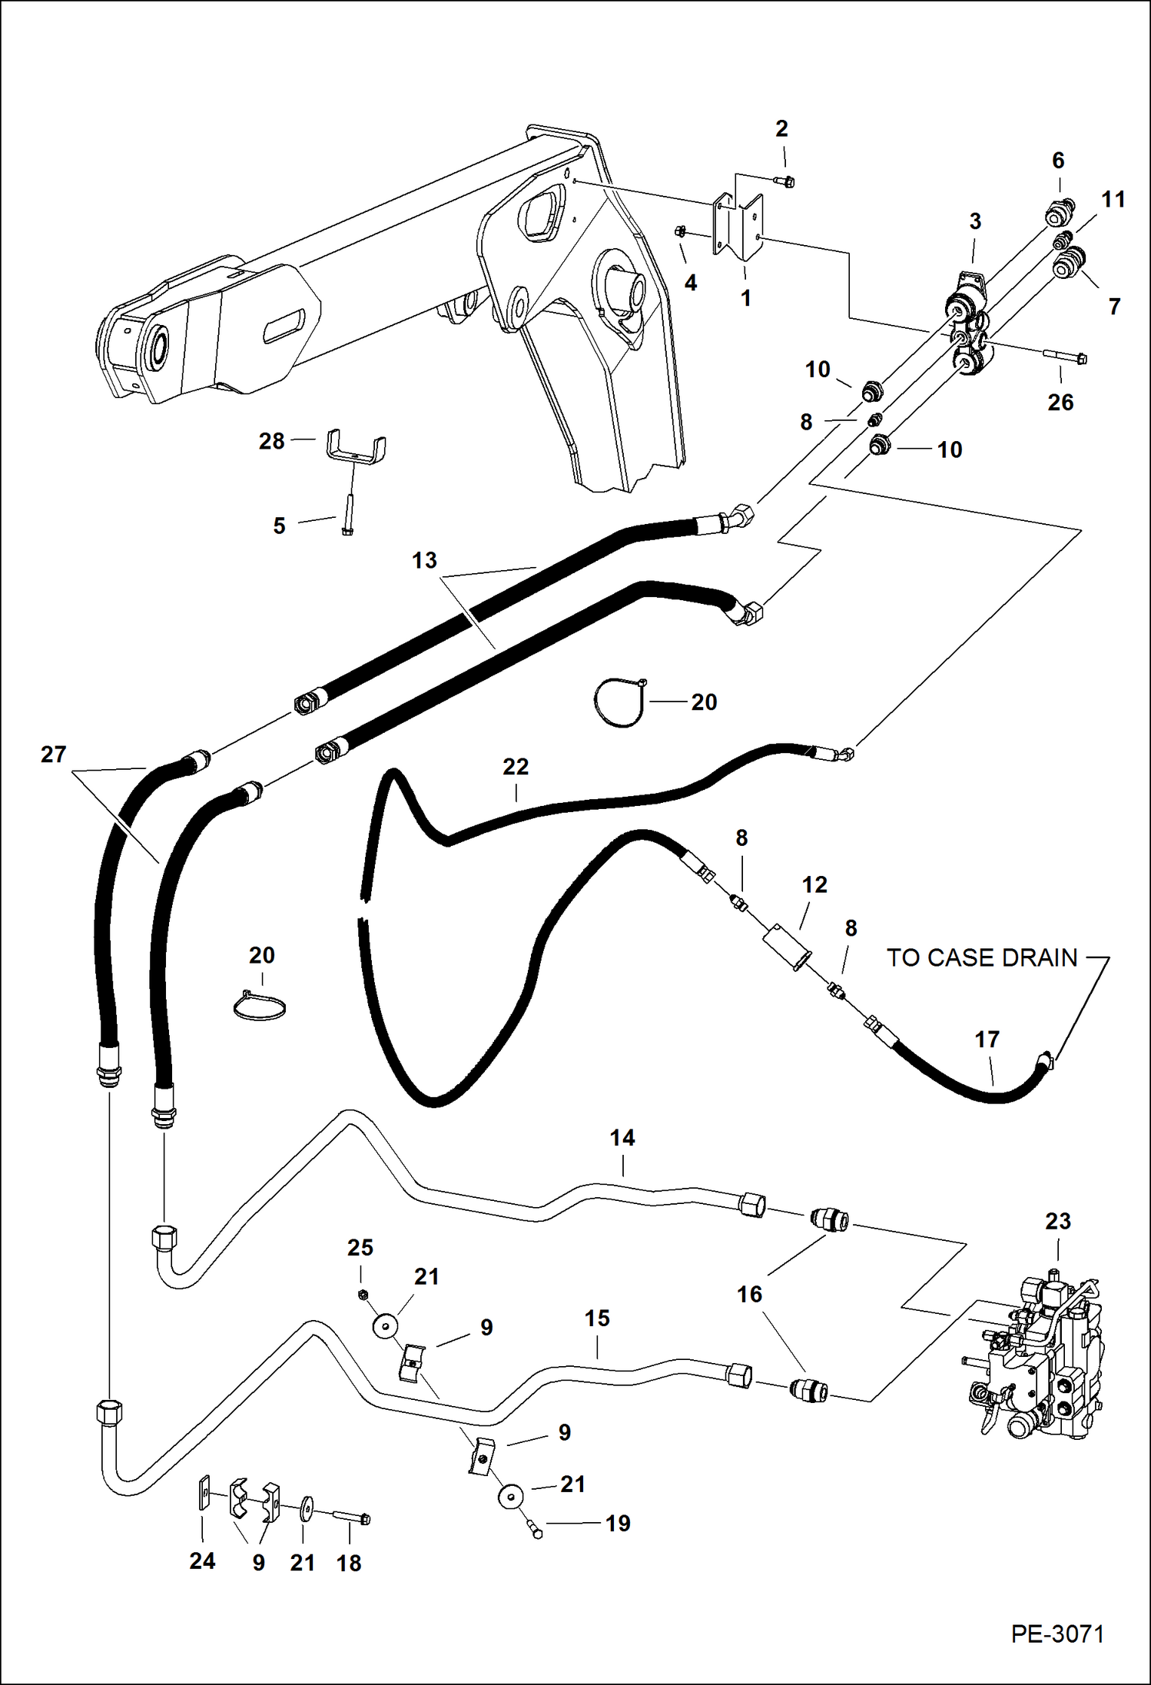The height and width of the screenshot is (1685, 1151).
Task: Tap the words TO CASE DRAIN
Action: point(982,958)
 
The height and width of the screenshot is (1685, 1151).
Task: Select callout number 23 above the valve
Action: point(1057,1221)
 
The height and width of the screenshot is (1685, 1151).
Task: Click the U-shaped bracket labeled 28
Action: point(356,448)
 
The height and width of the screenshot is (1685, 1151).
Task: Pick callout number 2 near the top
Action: point(781,128)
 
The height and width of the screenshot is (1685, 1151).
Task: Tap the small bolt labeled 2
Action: point(784,181)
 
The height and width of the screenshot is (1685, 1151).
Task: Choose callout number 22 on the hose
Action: point(516,766)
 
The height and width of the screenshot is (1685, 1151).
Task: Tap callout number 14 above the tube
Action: point(622,1138)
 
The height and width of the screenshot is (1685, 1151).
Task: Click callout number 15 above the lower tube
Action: point(597,1318)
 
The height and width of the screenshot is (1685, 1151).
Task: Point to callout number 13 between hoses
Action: point(424,560)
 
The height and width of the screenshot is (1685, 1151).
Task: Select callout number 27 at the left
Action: point(53,755)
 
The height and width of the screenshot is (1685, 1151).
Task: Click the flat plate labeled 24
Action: point(204,1493)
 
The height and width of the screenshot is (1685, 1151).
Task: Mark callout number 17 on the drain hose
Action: point(987,1040)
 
